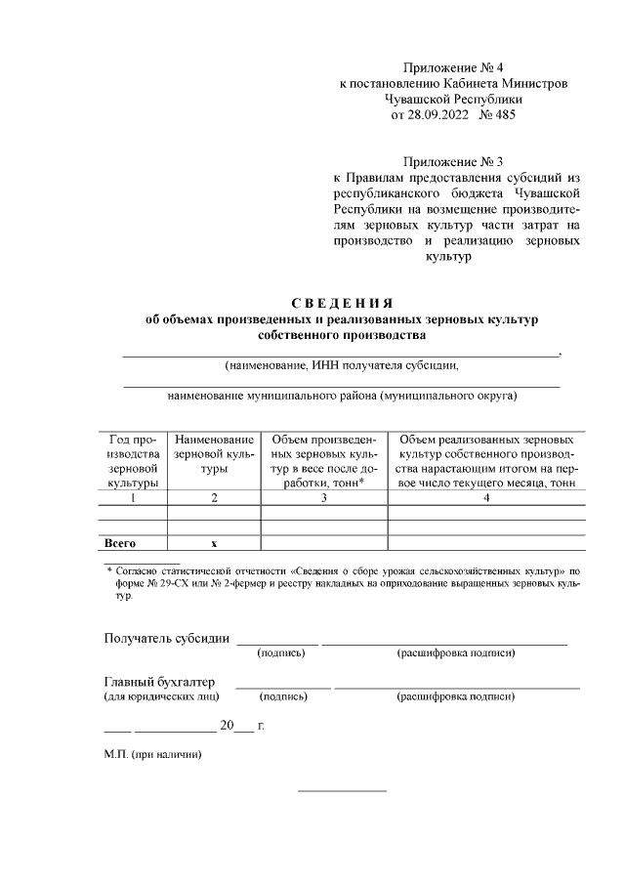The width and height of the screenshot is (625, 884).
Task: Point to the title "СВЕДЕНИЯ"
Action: (x=339, y=302)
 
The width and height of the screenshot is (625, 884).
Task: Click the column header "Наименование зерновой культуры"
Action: (x=214, y=455)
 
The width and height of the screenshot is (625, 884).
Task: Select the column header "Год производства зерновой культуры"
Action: (x=132, y=462)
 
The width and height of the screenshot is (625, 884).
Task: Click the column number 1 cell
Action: (x=132, y=497)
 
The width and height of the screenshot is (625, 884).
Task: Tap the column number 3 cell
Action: (x=324, y=497)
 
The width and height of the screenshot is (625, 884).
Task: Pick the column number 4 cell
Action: (x=486, y=497)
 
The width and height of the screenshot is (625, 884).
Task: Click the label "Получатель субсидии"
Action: (x=167, y=639)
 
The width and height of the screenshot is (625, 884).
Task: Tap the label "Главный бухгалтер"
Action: (x=159, y=681)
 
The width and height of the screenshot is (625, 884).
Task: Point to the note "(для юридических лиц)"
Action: (x=161, y=696)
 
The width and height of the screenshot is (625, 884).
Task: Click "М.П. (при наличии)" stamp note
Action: (x=152, y=754)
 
